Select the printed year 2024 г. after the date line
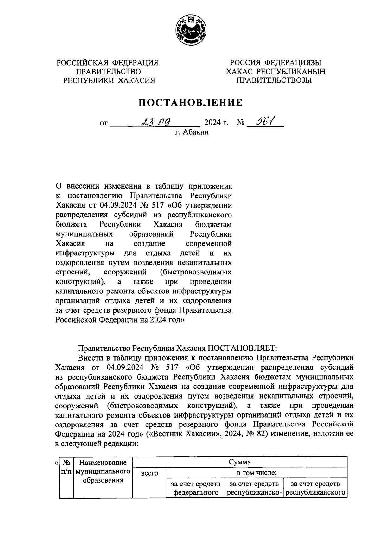pyautogui.click(x=216, y=122)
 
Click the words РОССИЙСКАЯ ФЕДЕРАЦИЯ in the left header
pyautogui.click(x=107, y=63)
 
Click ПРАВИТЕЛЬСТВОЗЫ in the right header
pyautogui.click(x=275, y=80)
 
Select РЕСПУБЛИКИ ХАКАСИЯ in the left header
pyautogui.click(x=110, y=80)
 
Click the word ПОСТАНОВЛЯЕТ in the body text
pyautogui.click(x=242, y=348)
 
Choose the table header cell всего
pyautogui.click(x=149, y=473)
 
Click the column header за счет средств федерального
pyautogui.click(x=196, y=488)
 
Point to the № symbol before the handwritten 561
pyautogui.click(x=240, y=122)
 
